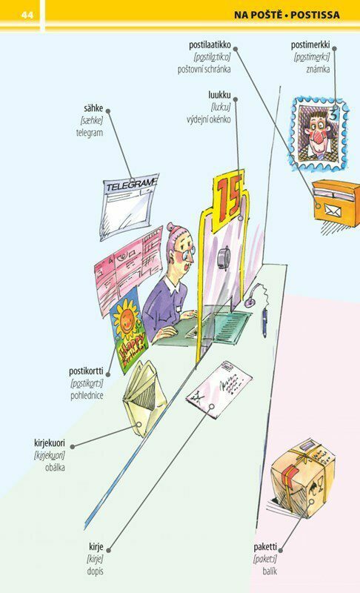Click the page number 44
(27, 15)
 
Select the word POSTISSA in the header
(315, 15)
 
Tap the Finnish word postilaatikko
(210, 45)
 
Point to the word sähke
(93, 108)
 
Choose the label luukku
(219, 95)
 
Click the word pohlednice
(87, 396)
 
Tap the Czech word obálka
(55, 468)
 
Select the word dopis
(96, 571)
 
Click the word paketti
(265, 547)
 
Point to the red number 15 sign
(229, 197)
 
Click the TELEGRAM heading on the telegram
(130, 185)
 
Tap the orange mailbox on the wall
(336, 202)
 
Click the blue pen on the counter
(264, 322)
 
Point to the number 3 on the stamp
(333, 114)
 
